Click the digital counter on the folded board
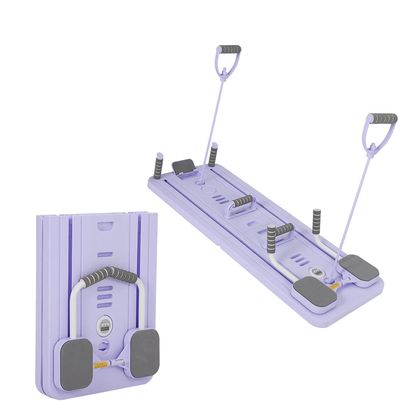pyautogui.click(x=104, y=325)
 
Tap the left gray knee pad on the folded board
pyautogui.click(x=76, y=364)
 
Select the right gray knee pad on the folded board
pyautogui.click(x=145, y=353)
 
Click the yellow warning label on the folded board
pyautogui.click(x=101, y=364)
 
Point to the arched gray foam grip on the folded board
pyautogui.click(x=110, y=275)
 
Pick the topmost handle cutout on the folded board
pyautogui.click(x=105, y=227)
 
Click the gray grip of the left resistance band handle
pyautogui.click(x=230, y=49)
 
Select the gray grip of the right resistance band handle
pyautogui.click(x=383, y=119)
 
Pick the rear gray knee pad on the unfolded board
pyautogui.click(x=359, y=267)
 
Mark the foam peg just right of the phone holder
pyautogui.click(x=213, y=155)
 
